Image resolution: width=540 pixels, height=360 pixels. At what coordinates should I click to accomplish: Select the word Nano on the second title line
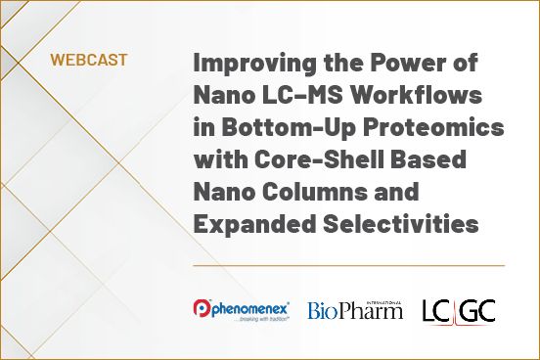[x=222, y=95]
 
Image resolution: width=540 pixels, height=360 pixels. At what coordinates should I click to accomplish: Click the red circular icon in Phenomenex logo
[x=201, y=309]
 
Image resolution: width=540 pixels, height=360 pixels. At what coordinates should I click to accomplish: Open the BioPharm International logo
[x=354, y=310]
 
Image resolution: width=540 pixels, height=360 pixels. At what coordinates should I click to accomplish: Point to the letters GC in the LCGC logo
[x=479, y=310]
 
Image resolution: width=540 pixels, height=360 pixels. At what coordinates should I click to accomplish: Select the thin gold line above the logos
[x=348, y=265]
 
